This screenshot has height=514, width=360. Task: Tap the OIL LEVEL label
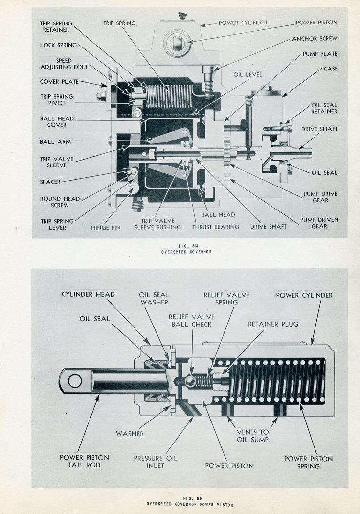[248, 75]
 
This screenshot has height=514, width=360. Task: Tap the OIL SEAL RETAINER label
[324, 108]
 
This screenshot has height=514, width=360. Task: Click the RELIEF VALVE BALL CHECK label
[191, 320]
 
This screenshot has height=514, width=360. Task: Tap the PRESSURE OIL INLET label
[156, 462]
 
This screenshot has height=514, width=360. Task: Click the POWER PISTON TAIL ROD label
[84, 461]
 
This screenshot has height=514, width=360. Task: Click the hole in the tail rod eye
[75, 380]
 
